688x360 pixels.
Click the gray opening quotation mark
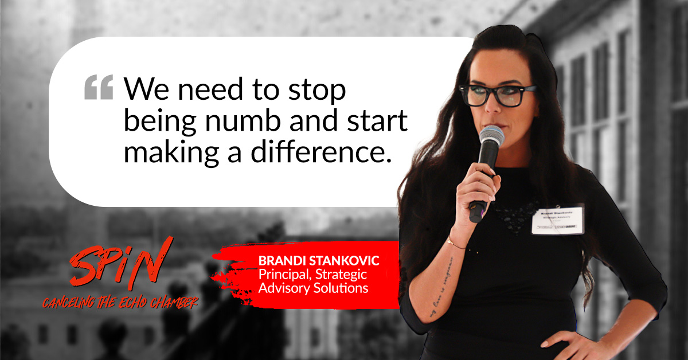point(99,88)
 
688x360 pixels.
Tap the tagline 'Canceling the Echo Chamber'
point(120,301)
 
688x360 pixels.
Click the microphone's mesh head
point(491,137)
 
